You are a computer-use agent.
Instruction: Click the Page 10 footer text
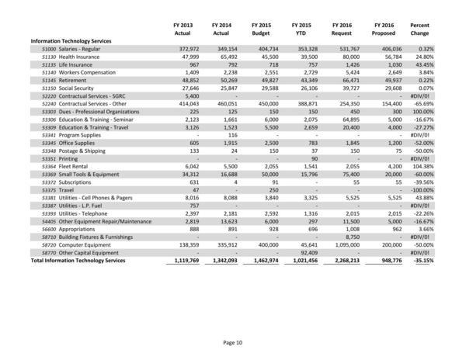click(233, 341)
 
